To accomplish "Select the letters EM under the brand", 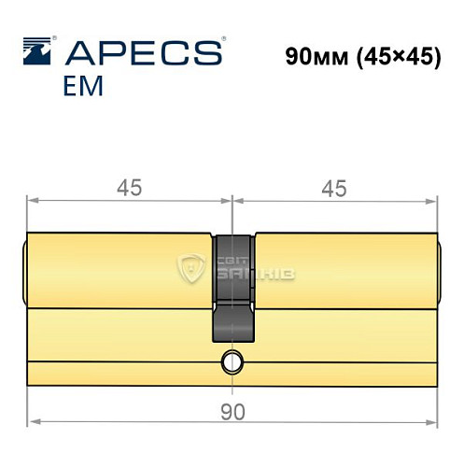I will tap(83, 86).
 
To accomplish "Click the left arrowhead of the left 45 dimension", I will tap(30, 200).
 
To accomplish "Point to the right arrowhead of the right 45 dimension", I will tap(434, 200).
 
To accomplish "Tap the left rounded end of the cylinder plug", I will tap(24, 271).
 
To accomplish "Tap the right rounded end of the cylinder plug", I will tap(439, 271).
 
